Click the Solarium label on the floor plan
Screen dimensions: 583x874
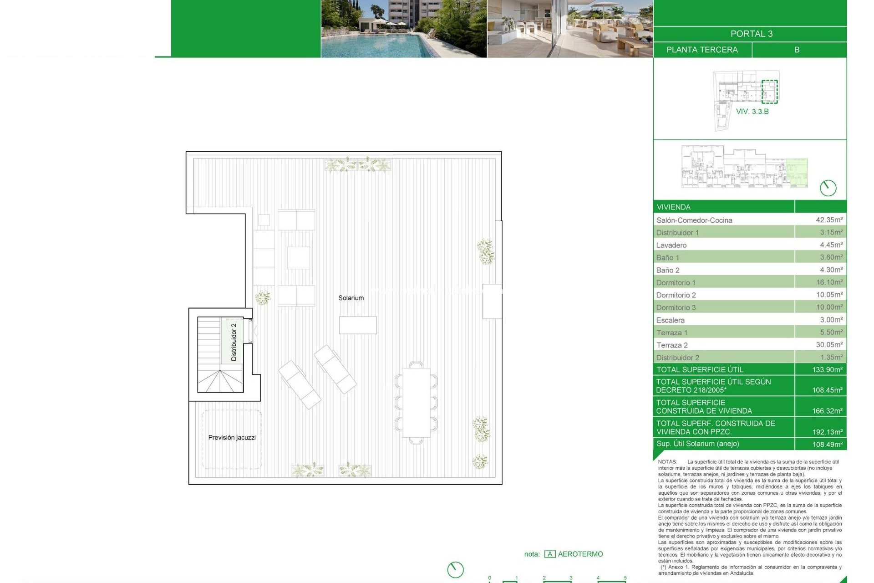(351, 298)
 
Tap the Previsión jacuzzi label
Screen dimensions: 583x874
(232, 437)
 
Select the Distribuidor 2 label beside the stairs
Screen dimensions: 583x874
(234, 342)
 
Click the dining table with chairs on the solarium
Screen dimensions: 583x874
(416, 402)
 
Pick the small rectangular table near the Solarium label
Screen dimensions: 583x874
(358, 325)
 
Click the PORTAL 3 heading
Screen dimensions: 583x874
(751, 34)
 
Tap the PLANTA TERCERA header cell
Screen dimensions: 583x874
(702, 50)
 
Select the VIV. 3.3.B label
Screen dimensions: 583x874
(752, 112)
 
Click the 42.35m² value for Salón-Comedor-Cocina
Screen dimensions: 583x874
(829, 220)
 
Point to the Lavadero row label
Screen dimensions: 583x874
(671, 245)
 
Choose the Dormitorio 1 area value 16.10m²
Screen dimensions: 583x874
(829, 282)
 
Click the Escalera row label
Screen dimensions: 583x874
(670, 320)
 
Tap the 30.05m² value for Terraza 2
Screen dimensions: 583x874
(829, 345)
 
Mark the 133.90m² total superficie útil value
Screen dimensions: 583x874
(827, 369)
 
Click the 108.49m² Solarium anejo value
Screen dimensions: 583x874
(827, 444)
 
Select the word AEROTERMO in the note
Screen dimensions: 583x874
(580, 554)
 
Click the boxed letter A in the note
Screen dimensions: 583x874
(550, 554)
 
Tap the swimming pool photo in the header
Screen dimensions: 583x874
(404, 28)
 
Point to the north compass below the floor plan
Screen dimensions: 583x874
(455, 569)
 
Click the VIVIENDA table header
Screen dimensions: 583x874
(674, 207)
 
